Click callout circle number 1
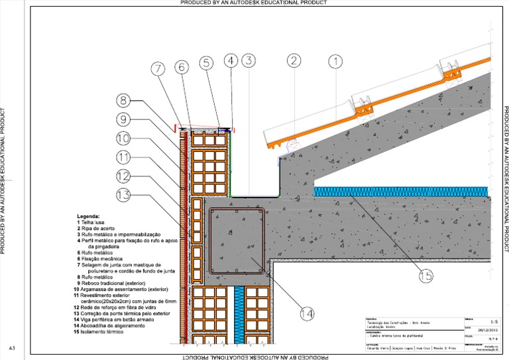click(x=337, y=62)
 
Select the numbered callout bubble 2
click(x=294, y=62)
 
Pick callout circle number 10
click(x=125, y=139)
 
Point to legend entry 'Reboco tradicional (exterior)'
click(x=110, y=284)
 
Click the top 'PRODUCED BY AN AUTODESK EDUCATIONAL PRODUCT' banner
click(x=254, y=3)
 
